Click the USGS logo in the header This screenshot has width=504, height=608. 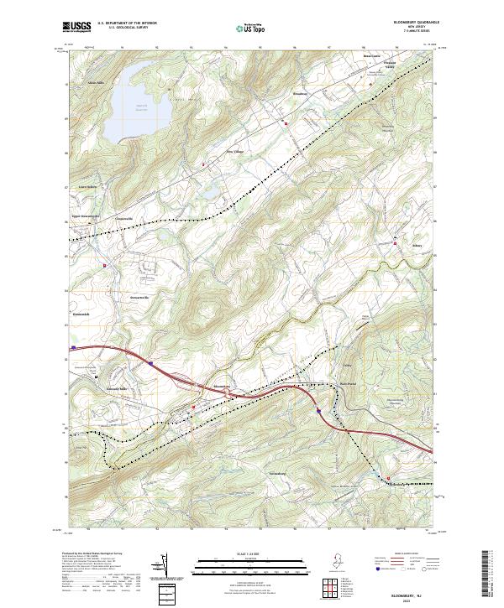[78, 28]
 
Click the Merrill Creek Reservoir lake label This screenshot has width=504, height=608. [140, 107]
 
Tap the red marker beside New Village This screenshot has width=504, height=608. [202, 152]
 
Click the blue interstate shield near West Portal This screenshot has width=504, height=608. [319, 410]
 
